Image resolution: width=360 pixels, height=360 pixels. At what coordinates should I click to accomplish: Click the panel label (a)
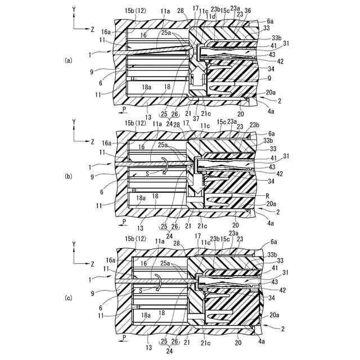pyautogui.click(x=69, y=59)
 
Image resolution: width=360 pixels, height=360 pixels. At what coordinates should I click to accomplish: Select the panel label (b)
pyautogui.click(x=69, y=176)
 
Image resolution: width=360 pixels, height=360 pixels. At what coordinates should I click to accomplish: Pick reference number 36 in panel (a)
pyautogui.click(x=248, y=10)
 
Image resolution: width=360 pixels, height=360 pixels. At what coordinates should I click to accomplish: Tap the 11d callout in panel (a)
pyautogui.click(x=211, y=17)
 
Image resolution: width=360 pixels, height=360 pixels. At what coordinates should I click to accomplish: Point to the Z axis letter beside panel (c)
pyautogui.click(x=92, y=263)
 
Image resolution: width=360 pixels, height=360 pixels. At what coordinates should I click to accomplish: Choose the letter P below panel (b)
pyautogui.click(x=124, y=222)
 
